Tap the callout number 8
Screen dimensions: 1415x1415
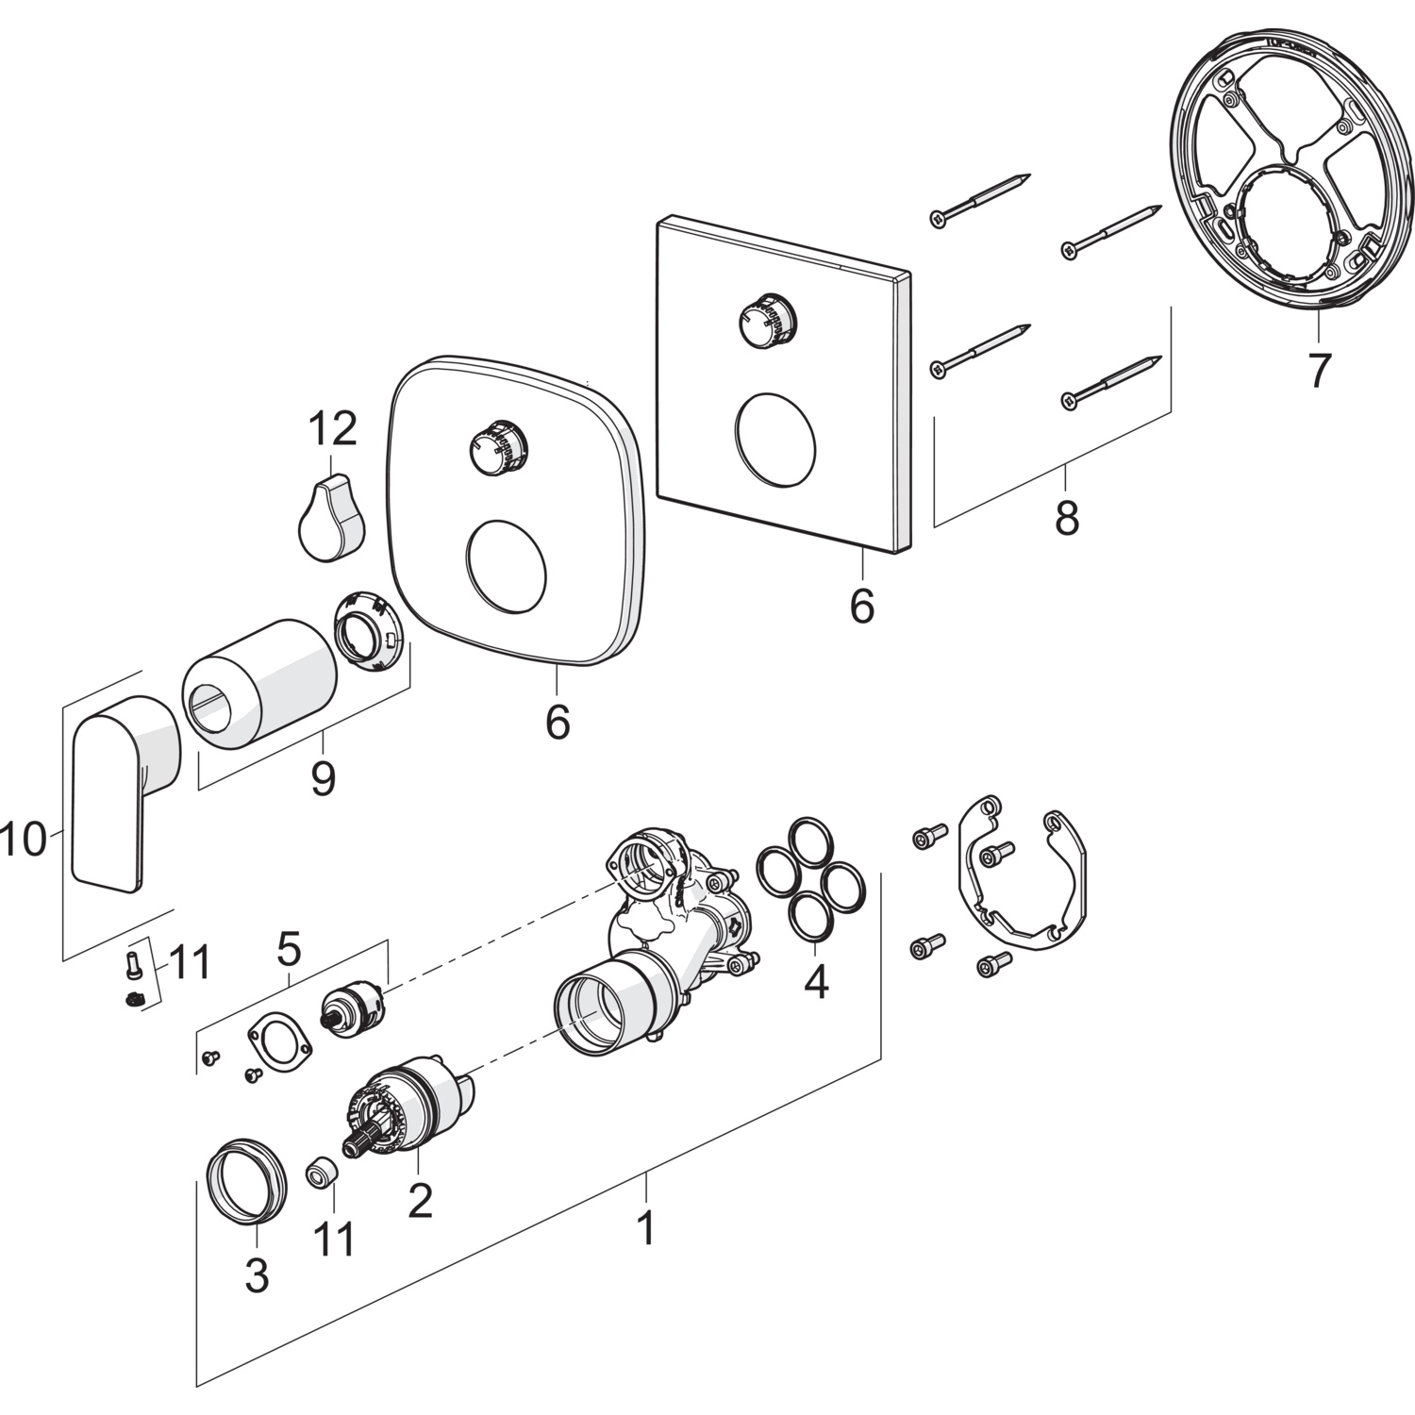[1067, 518]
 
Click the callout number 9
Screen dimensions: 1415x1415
[323, 779]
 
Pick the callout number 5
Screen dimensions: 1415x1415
[289, 949]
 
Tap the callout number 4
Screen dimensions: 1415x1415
[816, 981]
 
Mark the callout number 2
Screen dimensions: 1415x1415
[420, 1199]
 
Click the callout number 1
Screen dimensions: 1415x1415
[645, 1227]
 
